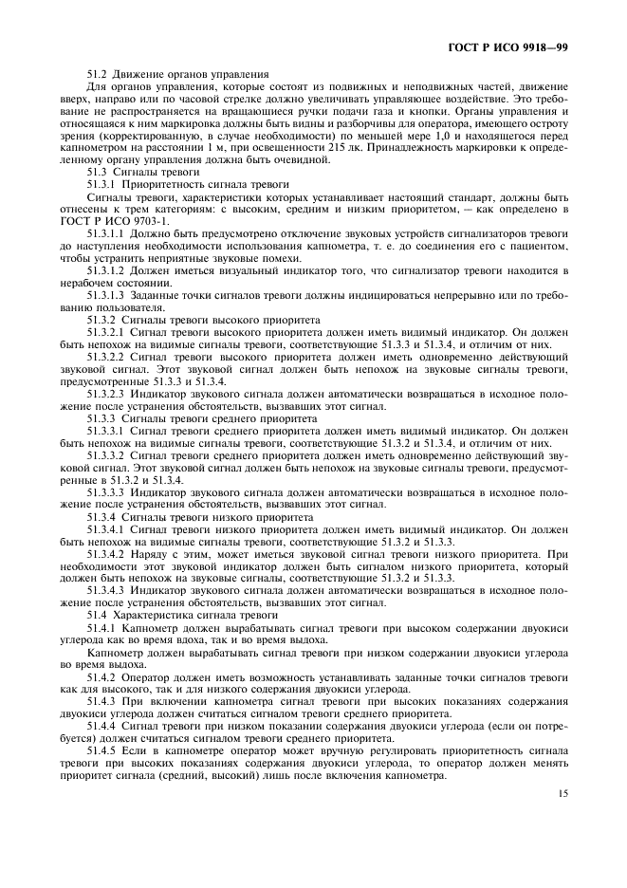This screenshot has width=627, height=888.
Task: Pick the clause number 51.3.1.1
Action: pyautogui.click(x=104, y=233)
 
